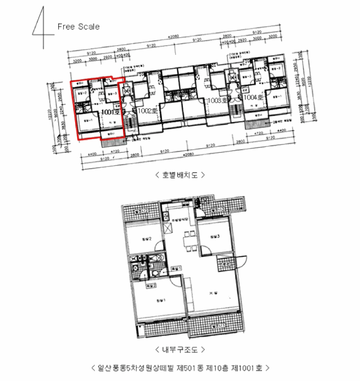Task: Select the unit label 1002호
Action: click(x=147, y=110)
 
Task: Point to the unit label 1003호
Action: click(x=217, y=101)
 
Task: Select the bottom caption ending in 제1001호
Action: click(x=180, y=369)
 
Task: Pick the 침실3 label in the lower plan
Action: click(x=213, y=236)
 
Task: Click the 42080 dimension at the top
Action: click(x=174, y=36)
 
